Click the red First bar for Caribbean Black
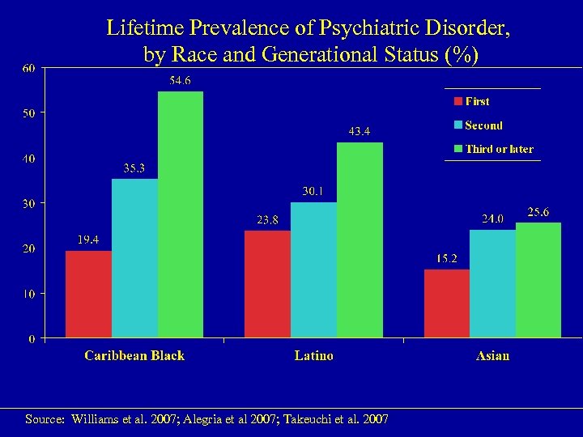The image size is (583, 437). (88, 294)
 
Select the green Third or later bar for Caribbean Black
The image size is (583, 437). (180, 214)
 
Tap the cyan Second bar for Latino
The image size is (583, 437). (313, 269)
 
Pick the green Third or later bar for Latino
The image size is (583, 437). (360, 240)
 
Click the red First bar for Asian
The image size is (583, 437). (447, 303)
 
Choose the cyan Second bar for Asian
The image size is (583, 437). (492, 283)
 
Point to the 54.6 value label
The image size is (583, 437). (180, 81)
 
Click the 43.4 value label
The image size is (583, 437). (360, 131)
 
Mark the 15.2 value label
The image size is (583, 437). (447, 258)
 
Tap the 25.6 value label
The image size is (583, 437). (538, 212)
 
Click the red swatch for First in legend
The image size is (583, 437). (458, 102)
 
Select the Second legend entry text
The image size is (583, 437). (483, 125)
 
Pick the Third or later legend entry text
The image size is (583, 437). (499, 149)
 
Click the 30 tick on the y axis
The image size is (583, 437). (28, 204)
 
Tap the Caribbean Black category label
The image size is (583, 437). (134, 356)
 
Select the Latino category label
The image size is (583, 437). (313, 356)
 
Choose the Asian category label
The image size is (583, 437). (493, 356)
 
